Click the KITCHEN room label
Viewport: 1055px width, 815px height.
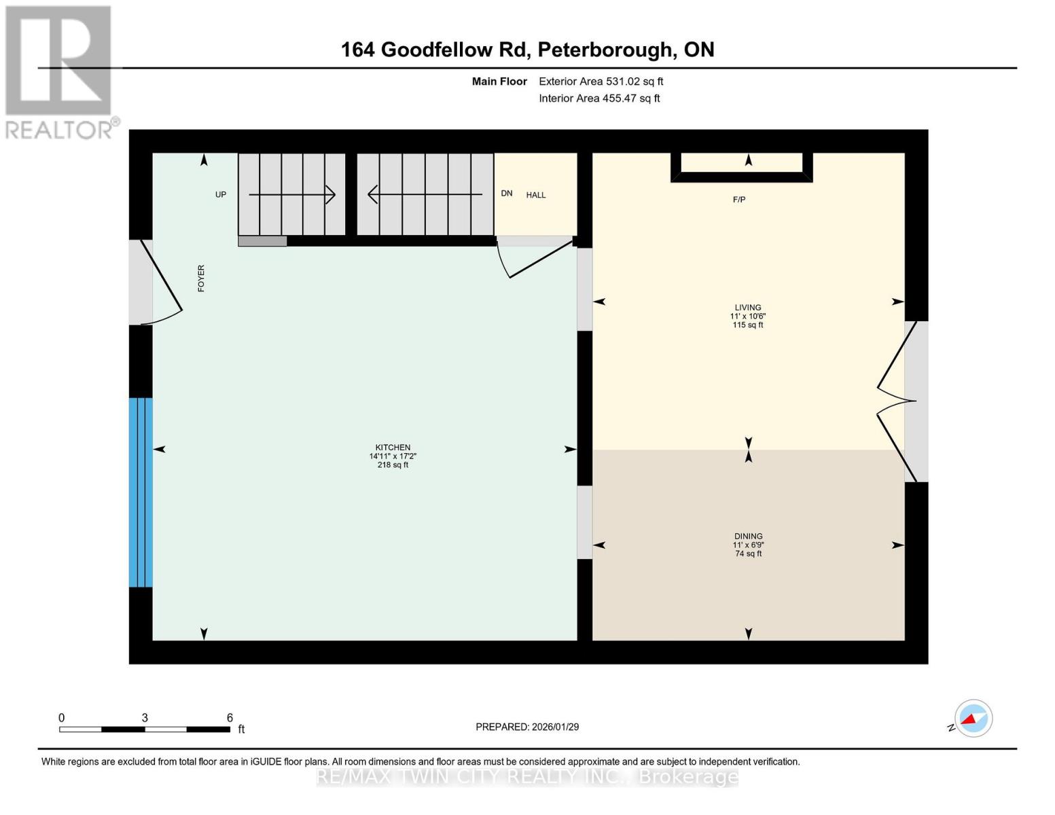point(393,448)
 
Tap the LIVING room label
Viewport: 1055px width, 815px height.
point(747,308)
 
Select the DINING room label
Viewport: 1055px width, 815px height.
point(748,537)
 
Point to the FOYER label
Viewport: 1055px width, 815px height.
point(201,278)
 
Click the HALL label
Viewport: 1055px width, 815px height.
point(536,196)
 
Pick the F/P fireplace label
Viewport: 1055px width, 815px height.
point(739,200)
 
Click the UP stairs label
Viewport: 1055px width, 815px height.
point(221,195)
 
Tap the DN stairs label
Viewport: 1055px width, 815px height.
point(507,194)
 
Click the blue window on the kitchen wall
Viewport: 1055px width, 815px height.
point(141,492)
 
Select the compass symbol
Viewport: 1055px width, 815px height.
point(973,719)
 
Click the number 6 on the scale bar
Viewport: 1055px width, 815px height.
point(230,718)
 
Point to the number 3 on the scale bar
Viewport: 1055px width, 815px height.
point(145,718)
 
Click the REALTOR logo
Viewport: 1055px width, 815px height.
point(60,72)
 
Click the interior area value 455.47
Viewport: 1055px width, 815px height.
point(621,98)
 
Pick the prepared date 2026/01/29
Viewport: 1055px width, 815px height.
point(555,727)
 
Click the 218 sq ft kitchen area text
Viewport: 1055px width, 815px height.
point(393,465)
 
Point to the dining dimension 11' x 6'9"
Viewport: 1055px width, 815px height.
point(748,545)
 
